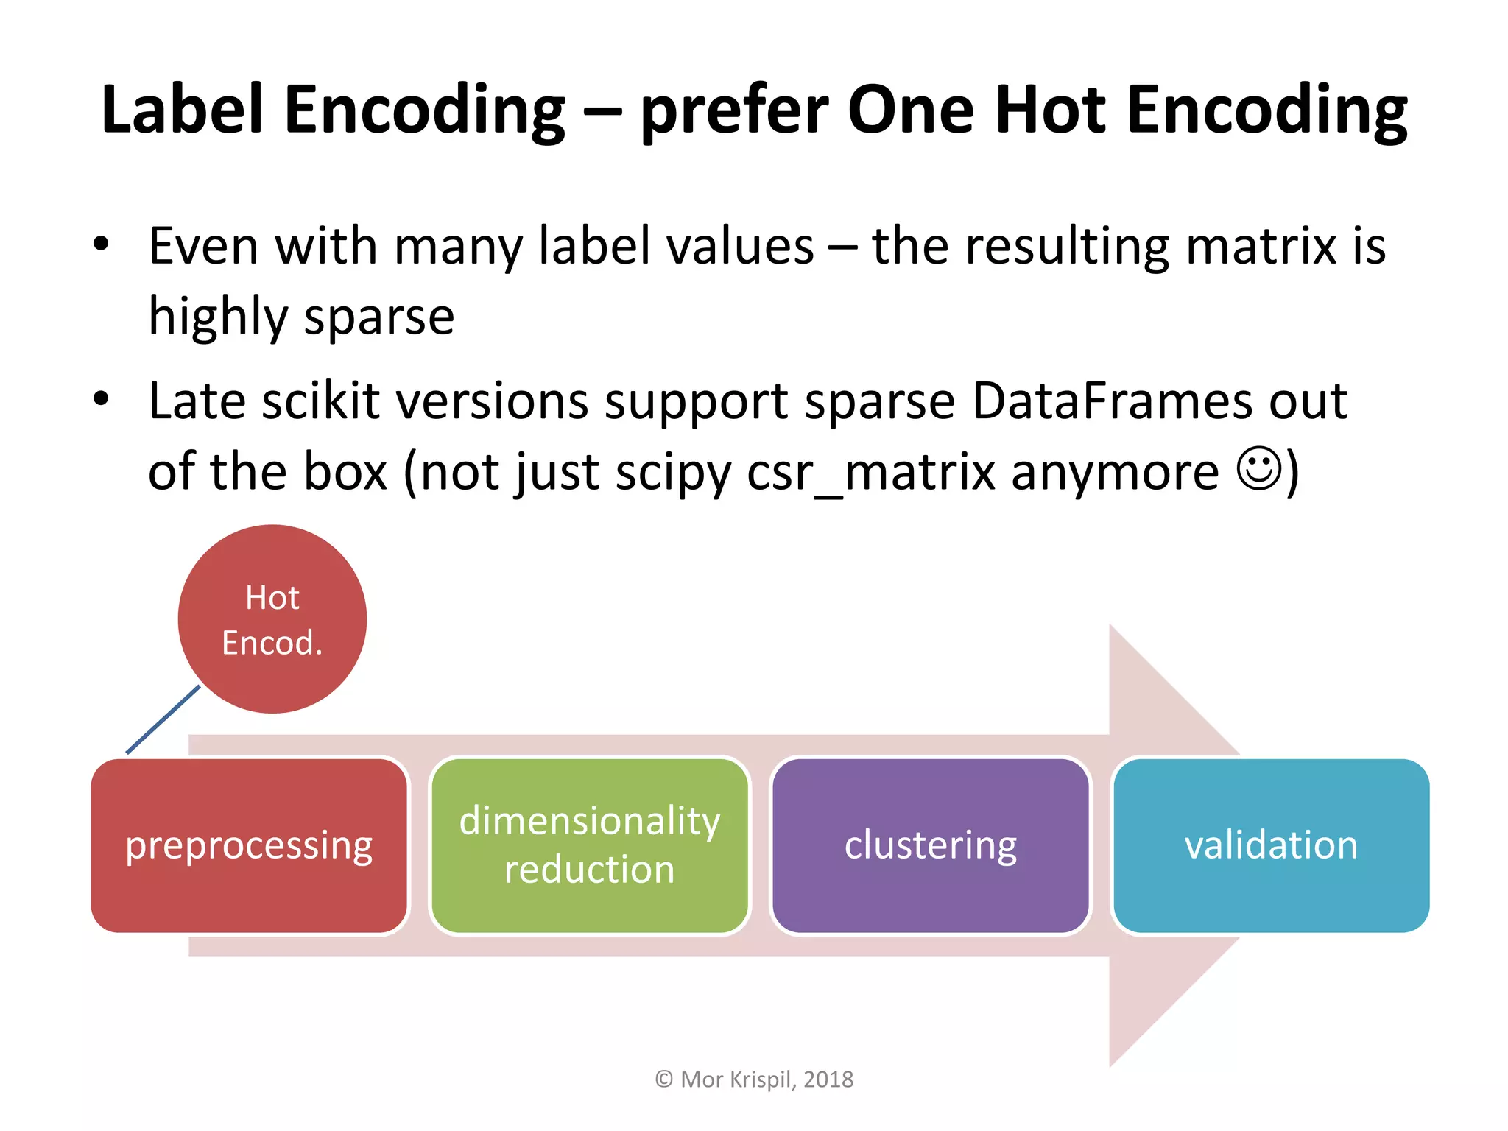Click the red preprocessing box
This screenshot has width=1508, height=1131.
click(249, 845)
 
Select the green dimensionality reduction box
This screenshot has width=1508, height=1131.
click(589, 845)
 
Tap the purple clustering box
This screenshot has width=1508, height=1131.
click(930, 845)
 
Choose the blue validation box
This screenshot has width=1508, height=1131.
click(1271, 845)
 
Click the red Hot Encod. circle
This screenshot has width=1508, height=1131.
click(272, 619)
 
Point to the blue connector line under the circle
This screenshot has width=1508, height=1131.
click(163, 719)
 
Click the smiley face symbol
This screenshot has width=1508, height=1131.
click(1259, 469)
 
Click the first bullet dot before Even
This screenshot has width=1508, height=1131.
click(101, 244)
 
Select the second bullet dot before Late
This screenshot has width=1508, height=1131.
click(101, 399)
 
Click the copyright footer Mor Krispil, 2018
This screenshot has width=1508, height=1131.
click(754, 1079)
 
